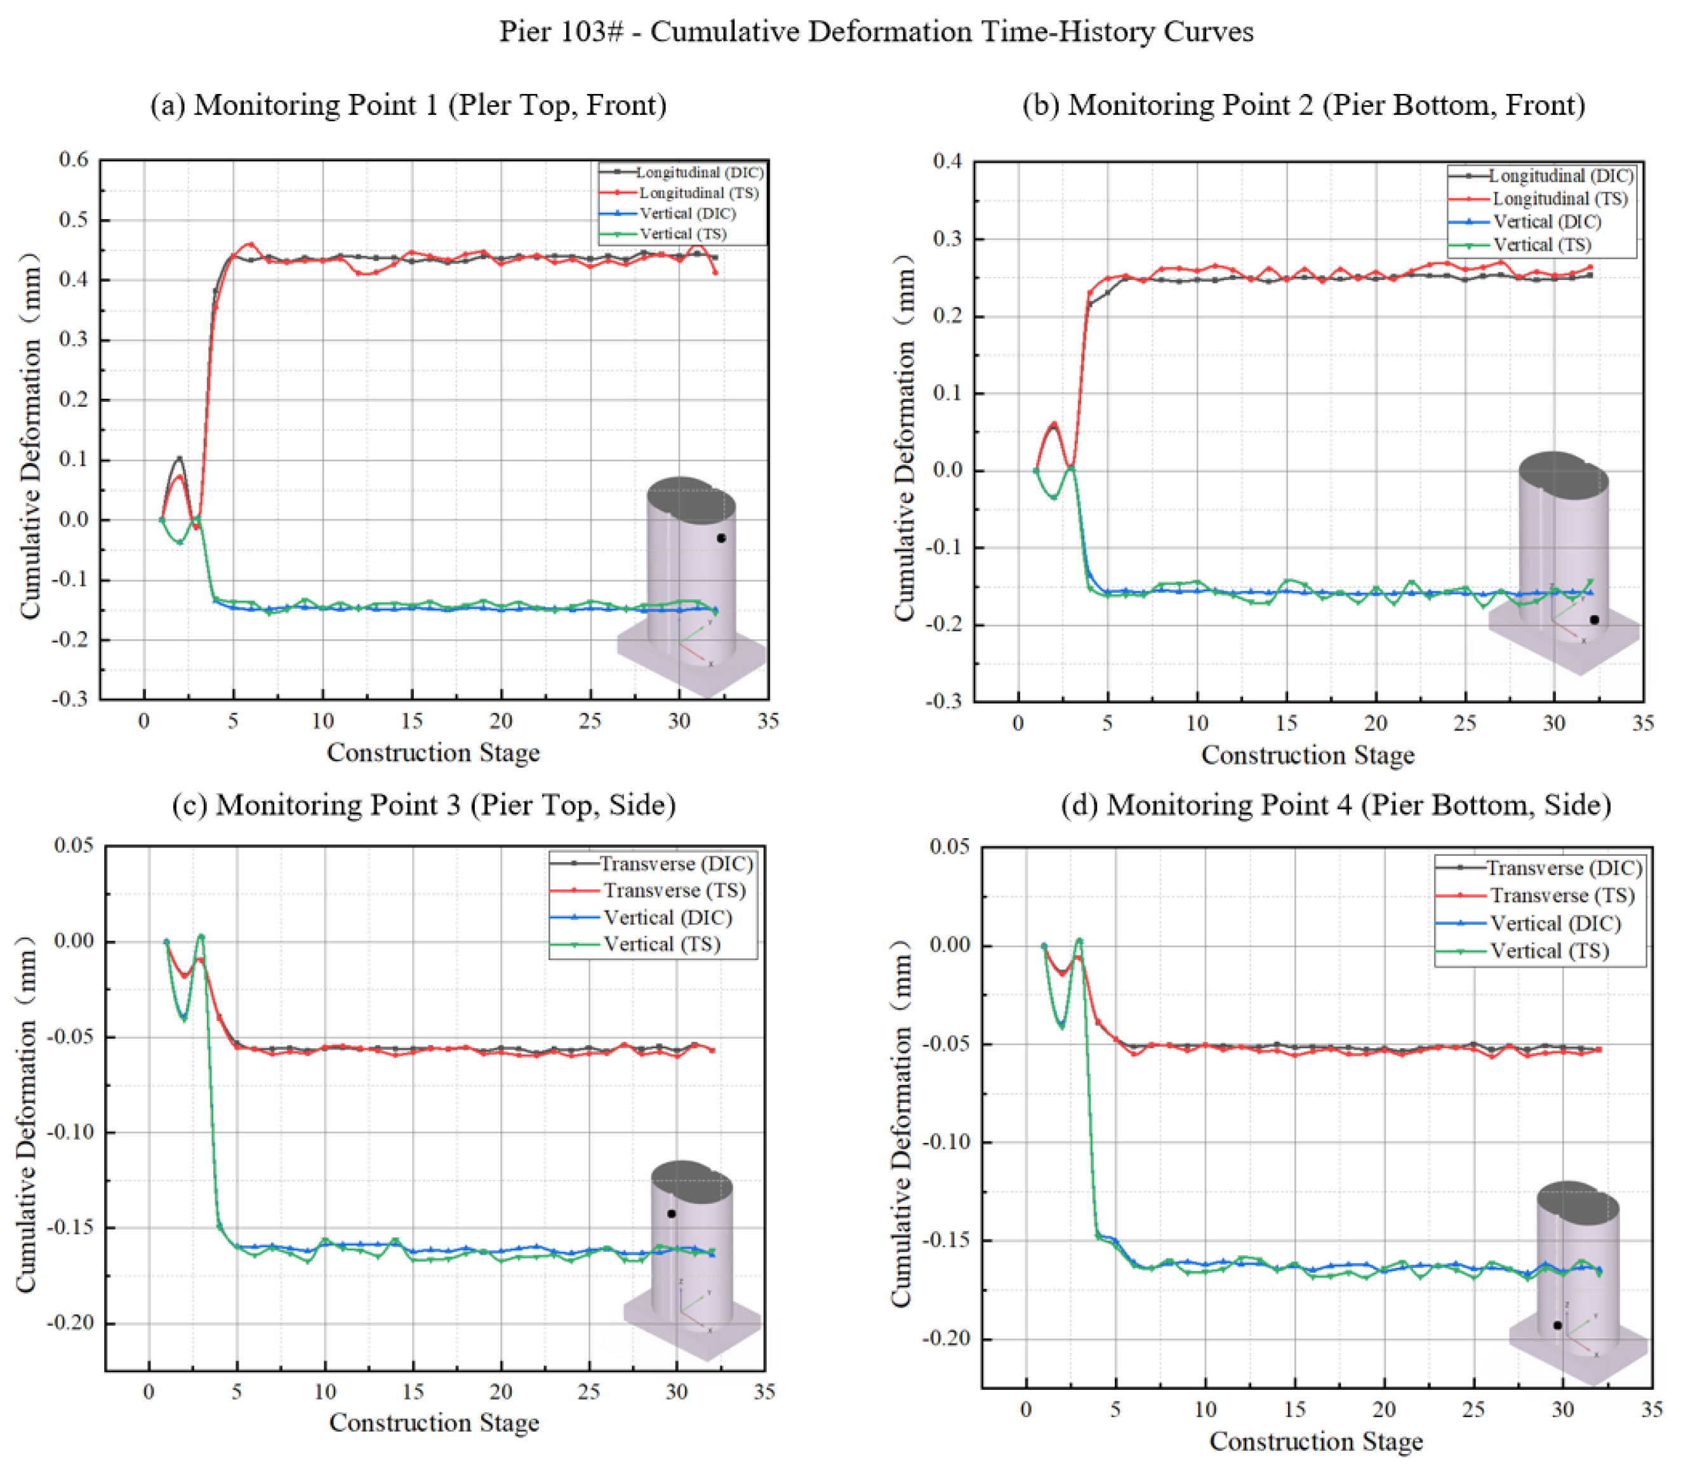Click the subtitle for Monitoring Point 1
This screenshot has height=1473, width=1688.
pyautogui.click(x=408, y=105)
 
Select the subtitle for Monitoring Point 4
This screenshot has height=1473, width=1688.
pyautogui.click(x=1336, y=804)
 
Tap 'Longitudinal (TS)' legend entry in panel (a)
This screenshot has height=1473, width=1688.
pyautogui.click(x=698, y=192)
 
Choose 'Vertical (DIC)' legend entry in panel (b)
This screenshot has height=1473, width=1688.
pyautogui.click(x=1546, y=221)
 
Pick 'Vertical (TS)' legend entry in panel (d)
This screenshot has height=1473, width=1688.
pyautogui.click(x=1549, y=950)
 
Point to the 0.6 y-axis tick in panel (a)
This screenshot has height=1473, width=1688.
pyautogui.click(x=74, y=159)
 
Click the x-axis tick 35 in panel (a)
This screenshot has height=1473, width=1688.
pyautogui.click(x=768, y=721)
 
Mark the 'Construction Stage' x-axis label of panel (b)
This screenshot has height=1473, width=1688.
pyautogui.click(x=1308, y=754)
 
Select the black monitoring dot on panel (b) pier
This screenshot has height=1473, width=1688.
pyautogui.click(x=1594, y=620)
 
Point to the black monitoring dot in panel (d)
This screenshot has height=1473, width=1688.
pyautogui.click(x=1557, y=1325)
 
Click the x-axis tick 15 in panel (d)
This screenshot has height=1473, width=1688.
pyautogui.click(x=1294, y=1409)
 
